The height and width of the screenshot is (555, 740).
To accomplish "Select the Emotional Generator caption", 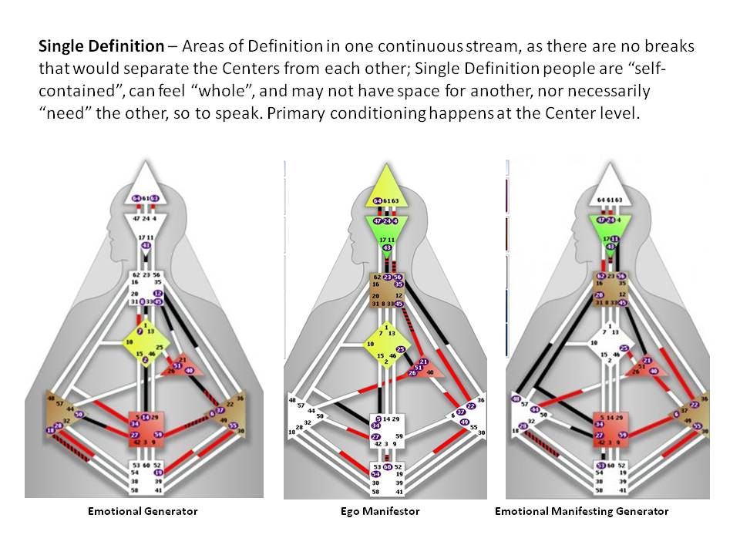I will pos(143,511).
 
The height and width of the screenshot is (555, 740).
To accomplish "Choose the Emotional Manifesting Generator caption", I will pos(581,511).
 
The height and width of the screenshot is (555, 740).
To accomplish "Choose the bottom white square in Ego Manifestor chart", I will pos(385,478).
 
